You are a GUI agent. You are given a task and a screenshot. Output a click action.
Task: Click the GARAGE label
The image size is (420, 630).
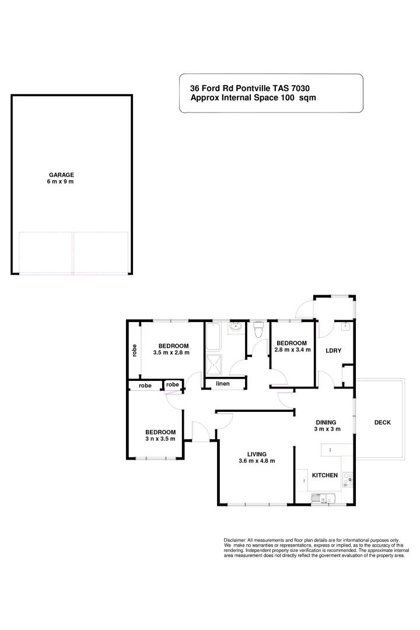61,174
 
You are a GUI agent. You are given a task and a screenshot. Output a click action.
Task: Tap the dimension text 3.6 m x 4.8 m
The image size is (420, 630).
257,461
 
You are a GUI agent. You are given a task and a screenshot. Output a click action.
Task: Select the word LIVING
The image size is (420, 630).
257,454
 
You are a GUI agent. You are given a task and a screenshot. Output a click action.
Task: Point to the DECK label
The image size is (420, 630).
383,422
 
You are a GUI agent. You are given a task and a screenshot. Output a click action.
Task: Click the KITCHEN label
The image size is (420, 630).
325,475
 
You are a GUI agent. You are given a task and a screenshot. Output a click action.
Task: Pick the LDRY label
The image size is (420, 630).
333,350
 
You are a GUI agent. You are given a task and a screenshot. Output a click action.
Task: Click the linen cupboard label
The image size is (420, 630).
222,383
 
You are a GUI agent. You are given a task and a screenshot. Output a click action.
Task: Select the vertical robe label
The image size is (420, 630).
134,351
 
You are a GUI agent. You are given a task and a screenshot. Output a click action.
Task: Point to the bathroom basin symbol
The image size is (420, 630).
236,327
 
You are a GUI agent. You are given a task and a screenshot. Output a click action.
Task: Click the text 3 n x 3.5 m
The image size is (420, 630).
160,439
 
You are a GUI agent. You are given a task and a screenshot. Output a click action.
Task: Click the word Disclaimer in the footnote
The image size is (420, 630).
235,541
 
